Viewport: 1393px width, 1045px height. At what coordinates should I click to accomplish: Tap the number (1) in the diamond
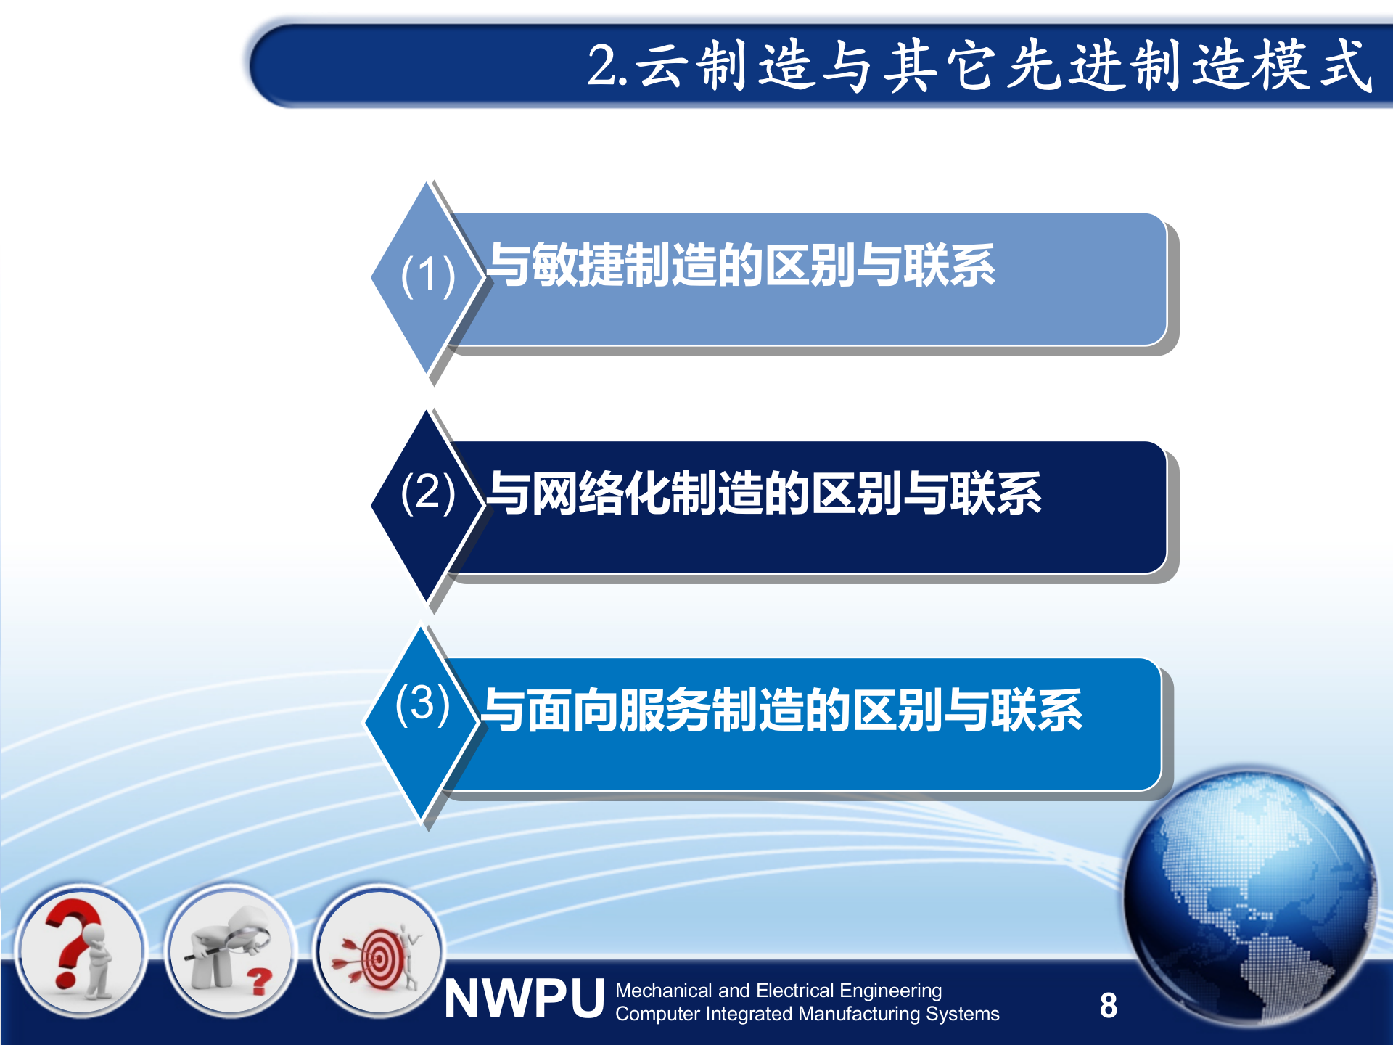pos(428,276)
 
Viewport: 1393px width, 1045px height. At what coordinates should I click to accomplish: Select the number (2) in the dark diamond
pos(428,492)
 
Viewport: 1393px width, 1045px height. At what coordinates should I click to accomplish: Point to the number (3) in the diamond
pos(422,704)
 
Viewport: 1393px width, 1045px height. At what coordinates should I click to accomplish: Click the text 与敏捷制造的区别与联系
pos(741,265)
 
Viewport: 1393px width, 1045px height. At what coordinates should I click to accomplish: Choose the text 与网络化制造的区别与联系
pos(764,493)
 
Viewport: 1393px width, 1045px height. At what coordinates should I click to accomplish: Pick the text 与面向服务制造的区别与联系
pos(782,710)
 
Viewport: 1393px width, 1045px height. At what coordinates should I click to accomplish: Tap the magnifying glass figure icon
pos(229,951)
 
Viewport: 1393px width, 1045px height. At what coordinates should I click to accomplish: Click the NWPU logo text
pos(524,1000)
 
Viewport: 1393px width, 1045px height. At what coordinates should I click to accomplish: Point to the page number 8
pos(1108,1006)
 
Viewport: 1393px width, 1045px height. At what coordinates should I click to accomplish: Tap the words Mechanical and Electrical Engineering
pos(778,991)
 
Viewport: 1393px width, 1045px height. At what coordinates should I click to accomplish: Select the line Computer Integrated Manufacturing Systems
pos(807,1014)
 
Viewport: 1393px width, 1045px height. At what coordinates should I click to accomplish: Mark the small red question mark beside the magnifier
pos(258,981)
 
